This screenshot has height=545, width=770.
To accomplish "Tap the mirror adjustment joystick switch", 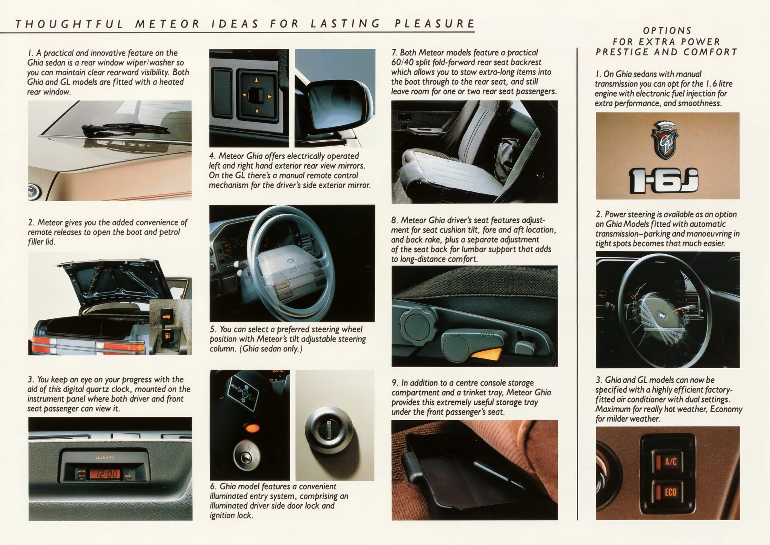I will tap(256, 95).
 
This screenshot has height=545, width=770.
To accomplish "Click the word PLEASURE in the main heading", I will tap(435, 24).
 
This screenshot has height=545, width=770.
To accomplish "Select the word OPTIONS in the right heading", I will tap(667, 30).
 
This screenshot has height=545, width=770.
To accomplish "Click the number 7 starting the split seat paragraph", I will tap(394, 53).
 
